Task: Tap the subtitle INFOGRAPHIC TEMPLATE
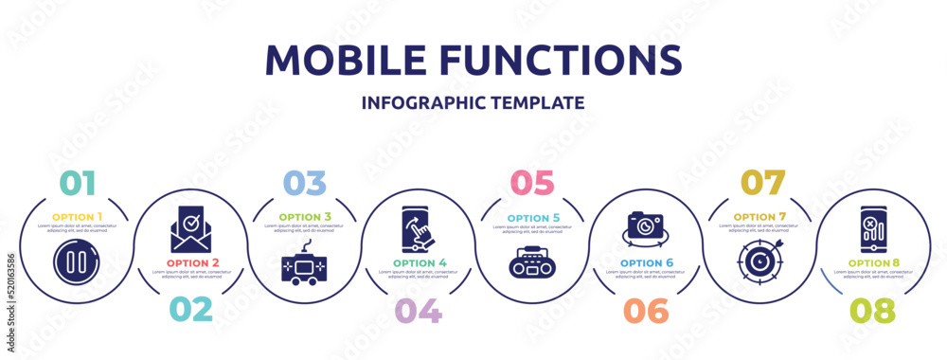click(x=473, y=102)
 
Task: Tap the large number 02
click(x=190, y=310)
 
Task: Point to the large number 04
click(x=418, y=310)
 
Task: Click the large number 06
click(x=645, y=310)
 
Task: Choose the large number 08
click(x=872, y=310)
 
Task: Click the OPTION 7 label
click(x=759, y=216)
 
